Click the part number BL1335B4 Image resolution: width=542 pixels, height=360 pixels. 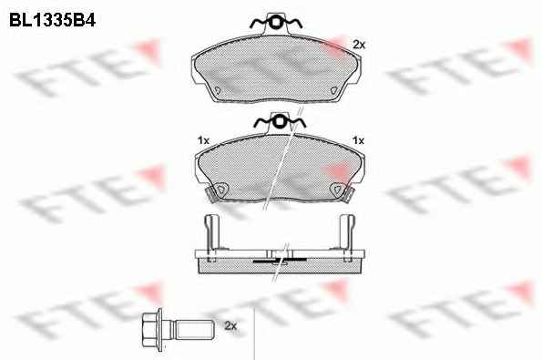pyautogui.click(x=52, y=20)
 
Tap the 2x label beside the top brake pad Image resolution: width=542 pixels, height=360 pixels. pyautogui.click(x=359, y=45)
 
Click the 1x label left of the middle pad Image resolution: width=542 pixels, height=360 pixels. pyautogui.click(x=204, y=140)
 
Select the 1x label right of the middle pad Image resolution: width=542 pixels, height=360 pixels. pyautogui.click(x=358, y=140)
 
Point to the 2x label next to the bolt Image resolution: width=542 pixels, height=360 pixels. pyautogui.click(x=230, y=325)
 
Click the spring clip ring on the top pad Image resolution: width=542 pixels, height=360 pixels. pyautogui.click(x=275, y=23)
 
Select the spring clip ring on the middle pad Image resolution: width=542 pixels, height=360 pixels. pyautogui.click(x=280, y=122)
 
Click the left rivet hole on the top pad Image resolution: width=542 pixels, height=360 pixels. pyautogui.click(x=218, y=90)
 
